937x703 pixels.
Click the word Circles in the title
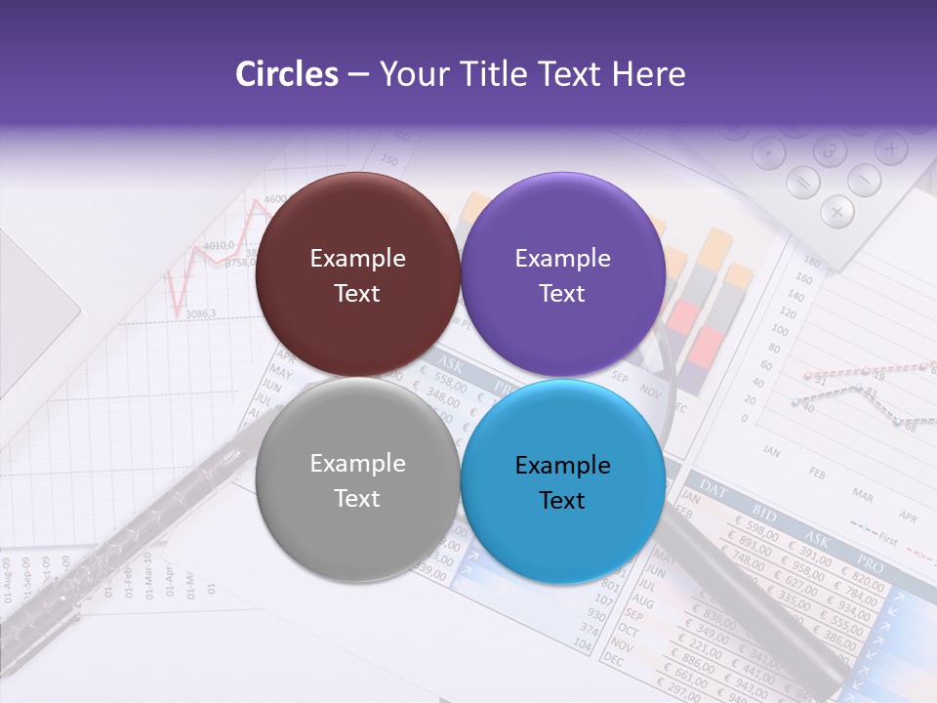(286, 74)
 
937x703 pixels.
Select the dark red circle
(357, 274)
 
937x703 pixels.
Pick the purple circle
(562, 274)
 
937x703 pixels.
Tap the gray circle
(357, 479)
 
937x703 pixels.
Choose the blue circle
(562, 481)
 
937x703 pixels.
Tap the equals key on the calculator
(803, 182)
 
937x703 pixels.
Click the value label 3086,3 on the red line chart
(200, 313)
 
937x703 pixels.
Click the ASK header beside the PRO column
(815, 536)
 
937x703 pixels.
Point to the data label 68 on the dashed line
(910, 426)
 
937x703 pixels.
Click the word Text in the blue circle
(562, 500)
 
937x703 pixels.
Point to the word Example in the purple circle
(562, 258)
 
